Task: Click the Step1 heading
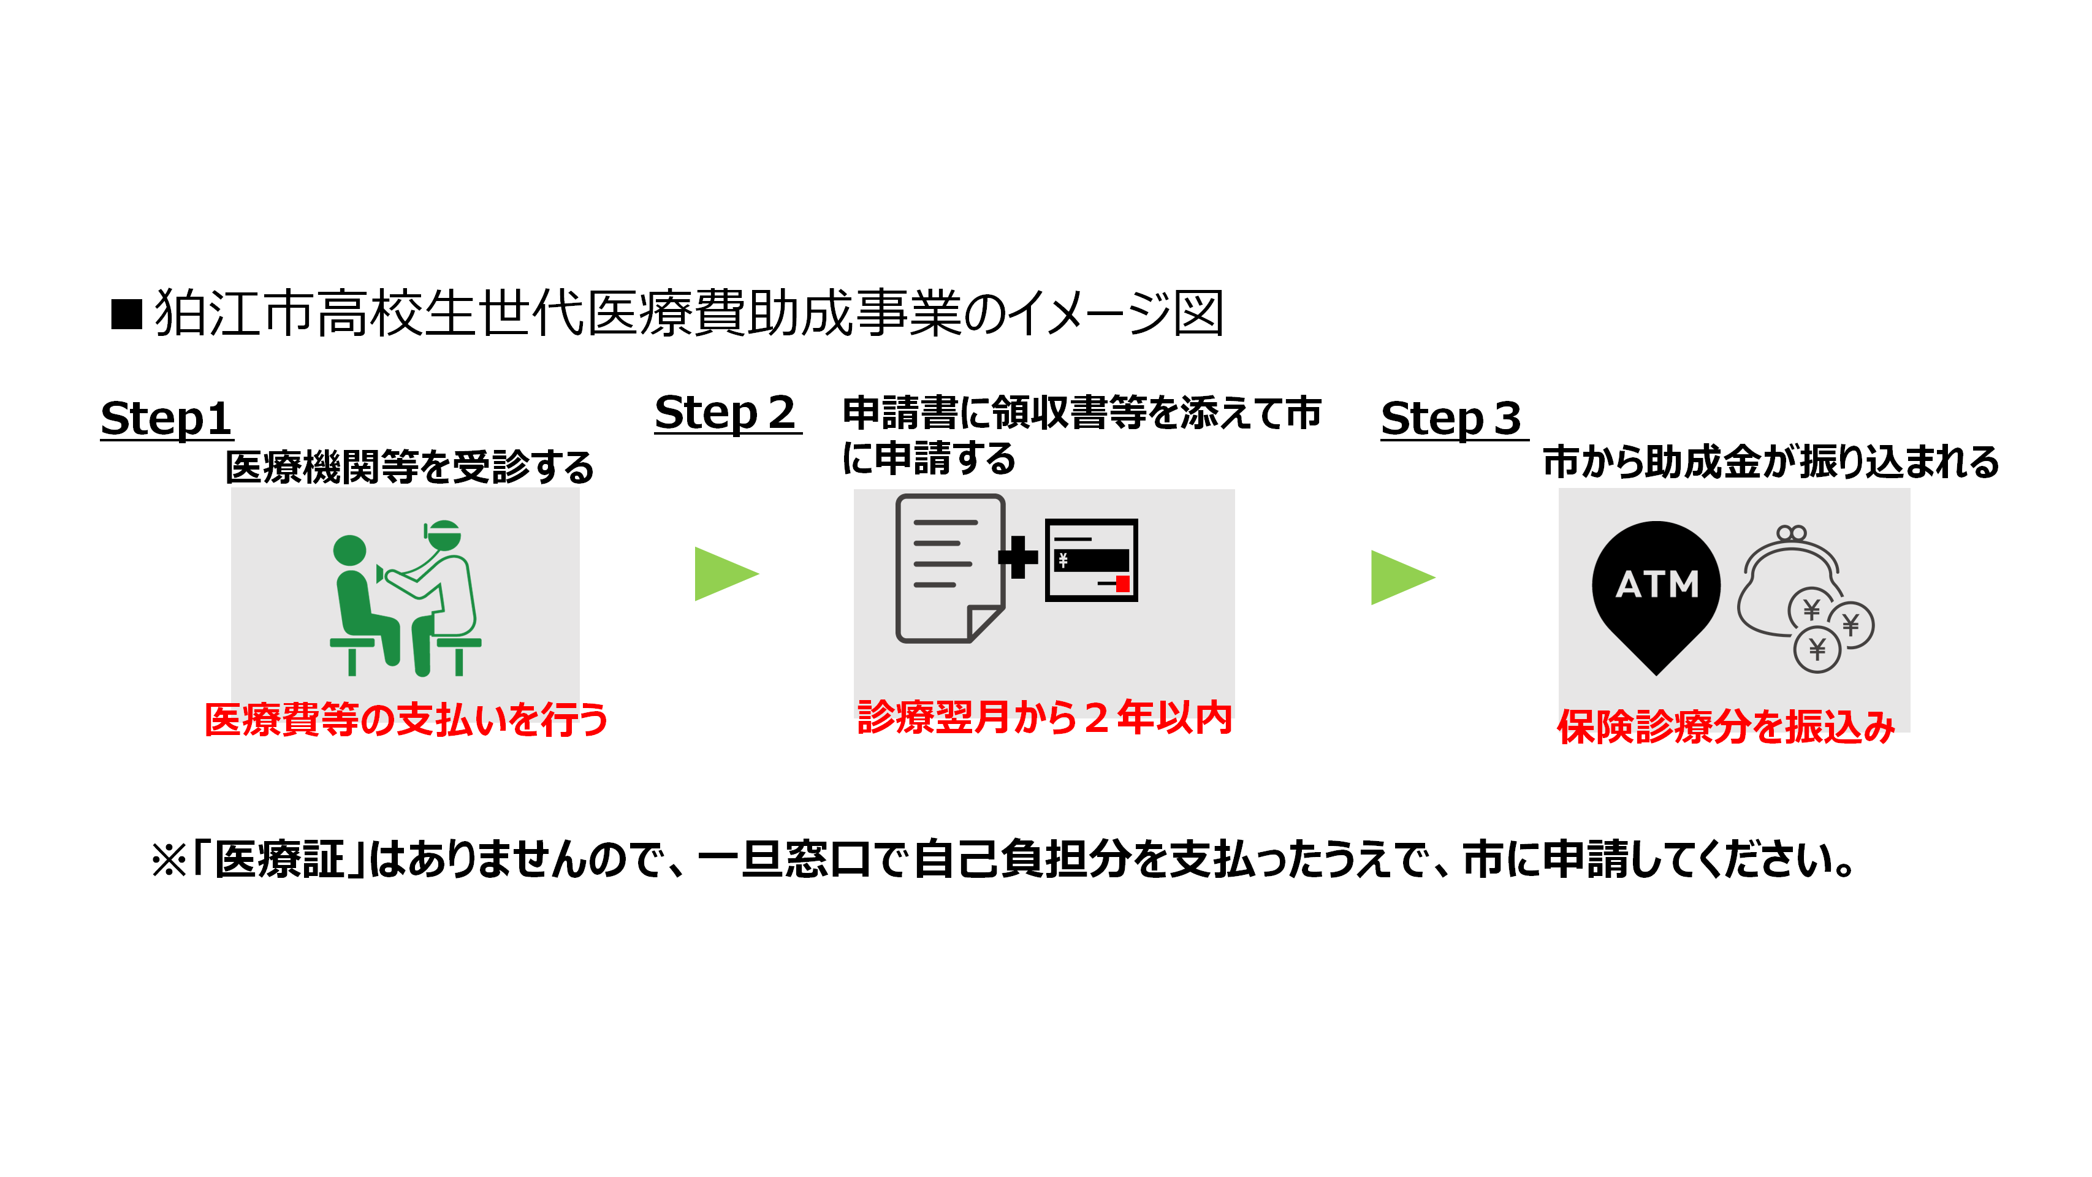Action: click(167, 419)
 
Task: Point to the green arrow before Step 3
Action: click(1400, 577)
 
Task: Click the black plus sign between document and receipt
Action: click(1017, 557)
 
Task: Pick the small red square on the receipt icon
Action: click(1122, 583)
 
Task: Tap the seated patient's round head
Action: click(350, 550)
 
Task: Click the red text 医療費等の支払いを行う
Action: click(405, 720)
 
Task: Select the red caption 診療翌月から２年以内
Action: click(1044, 717)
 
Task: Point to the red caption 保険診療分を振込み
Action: click(1725, 726)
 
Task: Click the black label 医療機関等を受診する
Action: click(409, 467)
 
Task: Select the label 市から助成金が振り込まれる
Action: click(1770, 462)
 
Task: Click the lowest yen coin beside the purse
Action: click(1817, 650)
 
